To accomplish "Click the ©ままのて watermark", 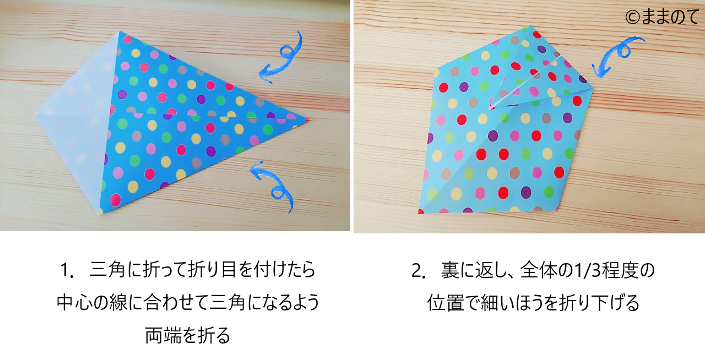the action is pyautogui.click(x=661, y=17).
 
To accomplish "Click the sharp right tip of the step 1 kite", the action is pyautogui.click(x=310, y=120).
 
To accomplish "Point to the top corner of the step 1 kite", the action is pyautogui.click(x=119, y=31).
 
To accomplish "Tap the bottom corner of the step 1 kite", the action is pyautogui.click(x=100, y=215).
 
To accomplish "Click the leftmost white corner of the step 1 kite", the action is pyautogui.click(x=35, y=114).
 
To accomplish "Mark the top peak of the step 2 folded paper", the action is pyautogui.click(x=530, y=25).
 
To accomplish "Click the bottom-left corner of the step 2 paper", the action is pyautogui.click(x=419, y=212).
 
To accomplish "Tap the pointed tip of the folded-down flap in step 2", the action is pyautogui.click(x=490, y=109).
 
